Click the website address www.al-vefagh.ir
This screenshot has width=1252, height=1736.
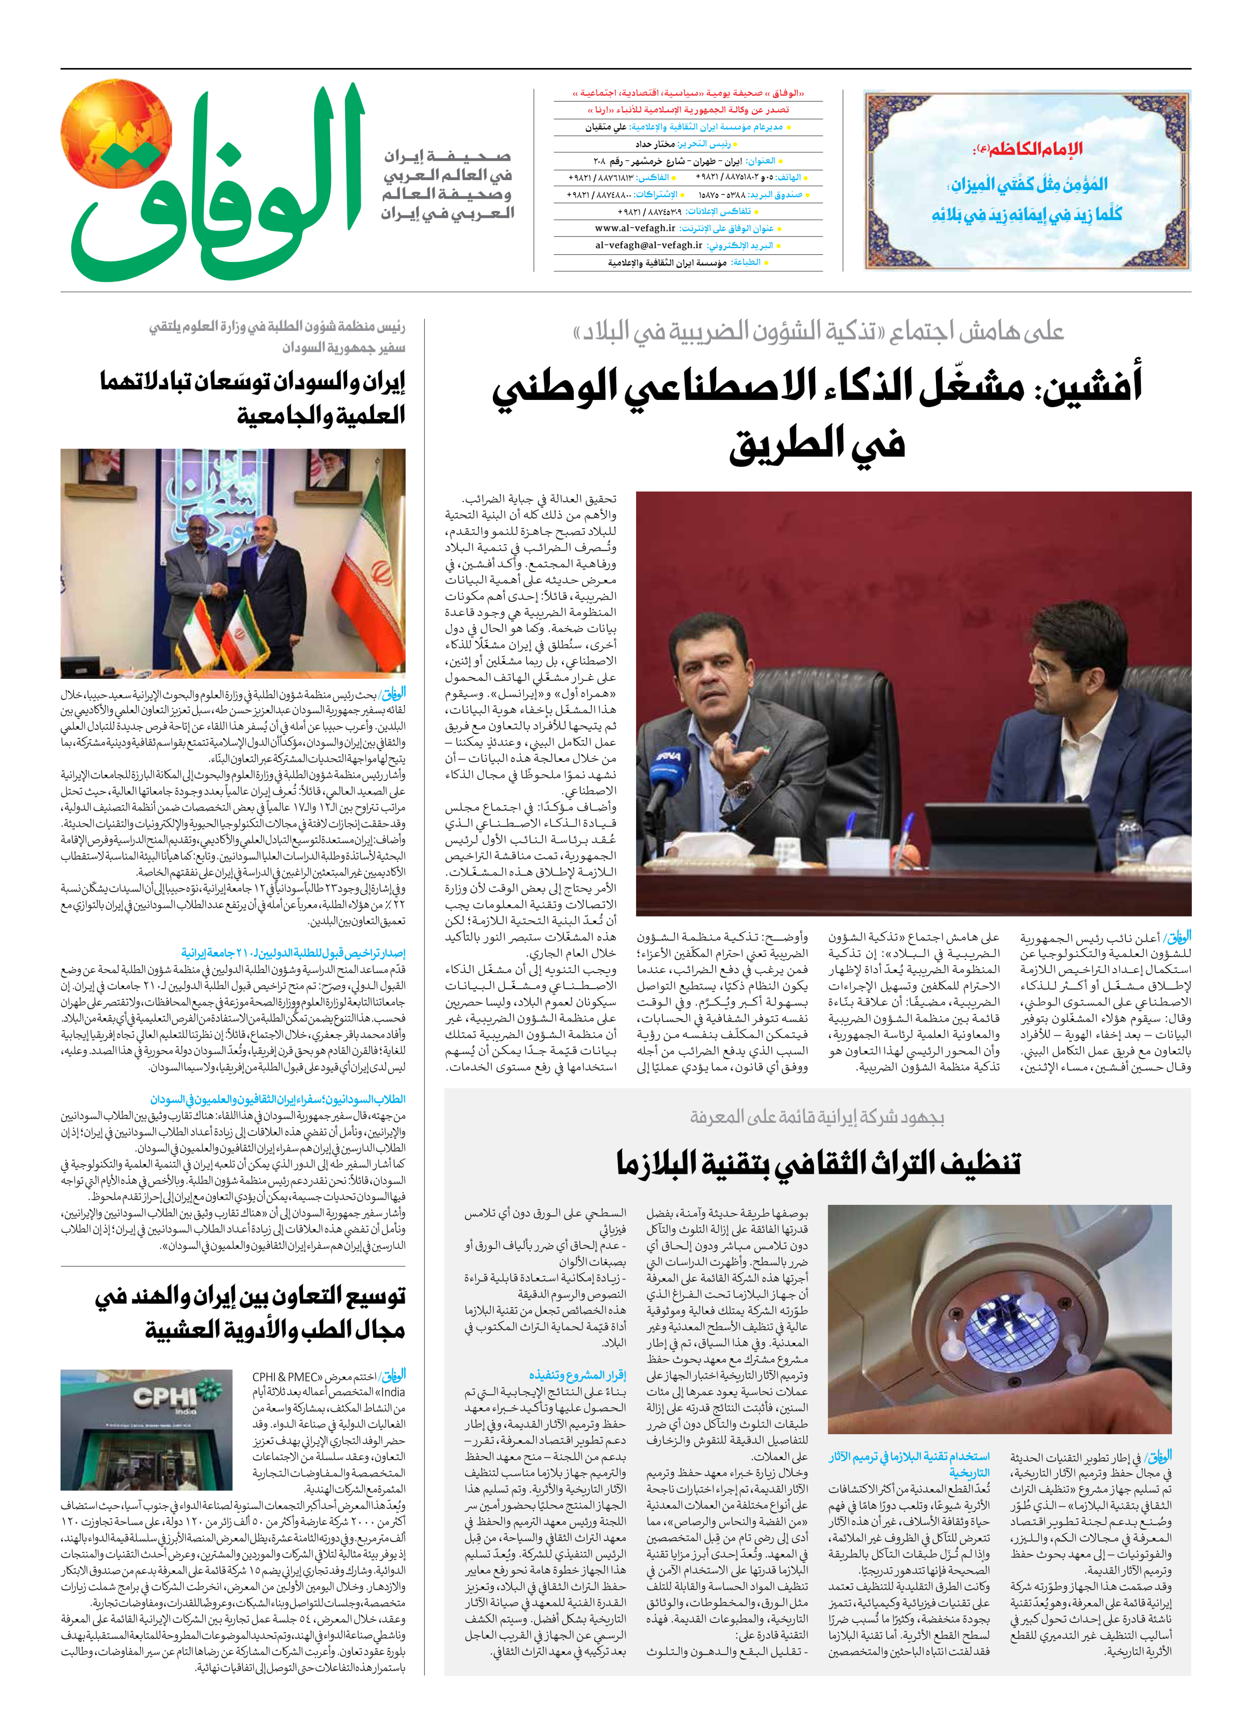(635, 228)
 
